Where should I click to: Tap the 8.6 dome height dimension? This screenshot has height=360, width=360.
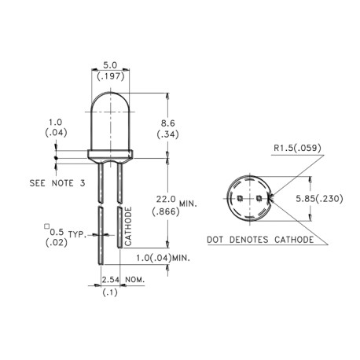(x=167, y=123)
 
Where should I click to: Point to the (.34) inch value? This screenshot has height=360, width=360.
(x=167, y=135)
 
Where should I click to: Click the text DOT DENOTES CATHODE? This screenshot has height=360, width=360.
(x=261, y=239)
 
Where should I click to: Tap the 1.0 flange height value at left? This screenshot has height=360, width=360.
(x=55, y=123)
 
